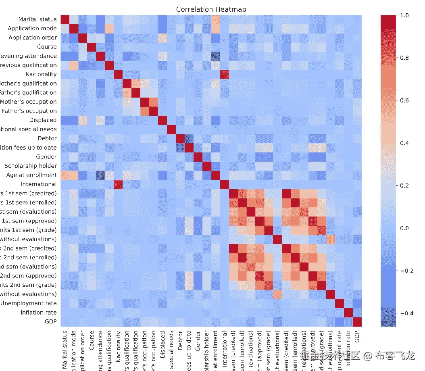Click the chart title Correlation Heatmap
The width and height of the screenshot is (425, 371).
click(x=211, y=9)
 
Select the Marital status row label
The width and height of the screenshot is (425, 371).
click(x=37, y=19)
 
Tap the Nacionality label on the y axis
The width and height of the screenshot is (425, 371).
click(x=41, y=74)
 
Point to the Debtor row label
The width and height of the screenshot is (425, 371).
click(x=47, y=138)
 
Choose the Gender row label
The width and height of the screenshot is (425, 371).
click(x=47, y=156)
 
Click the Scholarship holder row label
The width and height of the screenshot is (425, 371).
click(x=31, y=166)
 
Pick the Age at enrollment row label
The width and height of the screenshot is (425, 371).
click(x=31, y=175)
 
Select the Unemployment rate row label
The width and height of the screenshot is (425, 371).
click(x=28, y=303)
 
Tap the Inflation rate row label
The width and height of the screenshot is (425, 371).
click(x=39, y=313)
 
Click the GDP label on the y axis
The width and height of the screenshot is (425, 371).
click(x=51, y=322)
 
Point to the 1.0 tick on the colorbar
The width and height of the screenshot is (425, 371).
click(x=404, y=15)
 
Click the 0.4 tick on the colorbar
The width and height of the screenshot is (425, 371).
click(x=404, y=143)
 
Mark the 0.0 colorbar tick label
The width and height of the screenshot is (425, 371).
click(x=404, y=228)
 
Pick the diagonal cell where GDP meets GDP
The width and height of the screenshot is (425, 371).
click(x=357, y=322)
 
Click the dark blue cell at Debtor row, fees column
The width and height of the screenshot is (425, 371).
click(x=189, y=138)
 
